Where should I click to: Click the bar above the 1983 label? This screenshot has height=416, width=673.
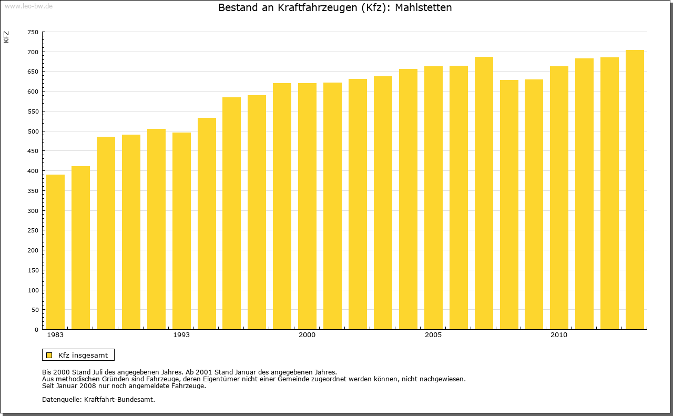point(55,252)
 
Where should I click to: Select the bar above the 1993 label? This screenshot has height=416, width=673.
point(181,231)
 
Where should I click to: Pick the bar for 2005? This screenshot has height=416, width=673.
point(433,198)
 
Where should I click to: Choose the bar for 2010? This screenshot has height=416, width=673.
point(559,198)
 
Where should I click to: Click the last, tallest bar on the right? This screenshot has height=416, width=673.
point(635,190)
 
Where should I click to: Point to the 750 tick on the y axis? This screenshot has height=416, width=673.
point(33,32)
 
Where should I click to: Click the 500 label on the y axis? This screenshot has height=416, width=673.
point(33,131)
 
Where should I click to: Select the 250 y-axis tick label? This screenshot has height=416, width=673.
point(33,230)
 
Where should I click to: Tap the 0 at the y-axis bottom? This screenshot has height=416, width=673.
point(36,330)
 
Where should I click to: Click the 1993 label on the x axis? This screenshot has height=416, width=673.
point(181,335)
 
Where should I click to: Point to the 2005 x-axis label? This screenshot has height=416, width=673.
point(433,335)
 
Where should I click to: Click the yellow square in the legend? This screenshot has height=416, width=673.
point(49,355)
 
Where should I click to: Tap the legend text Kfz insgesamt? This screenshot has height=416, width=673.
point(83,355)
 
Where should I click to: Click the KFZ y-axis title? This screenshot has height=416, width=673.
point(6,37)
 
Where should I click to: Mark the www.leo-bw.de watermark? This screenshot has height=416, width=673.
point(28,5)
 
